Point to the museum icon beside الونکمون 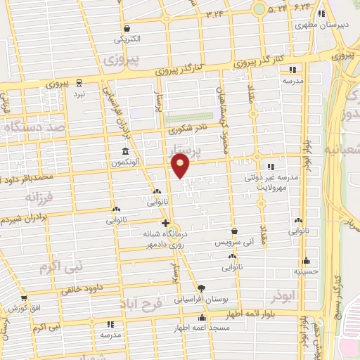pos(126,152)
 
